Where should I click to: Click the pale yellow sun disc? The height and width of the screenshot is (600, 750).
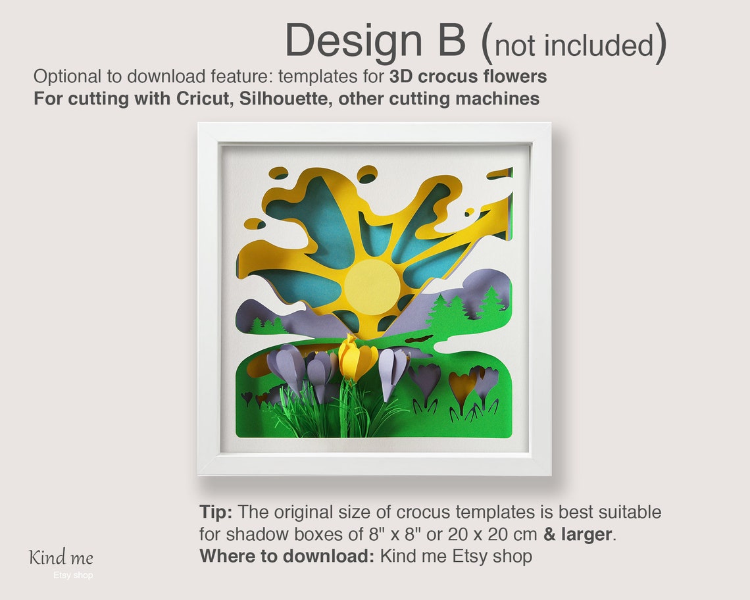click(372, 287)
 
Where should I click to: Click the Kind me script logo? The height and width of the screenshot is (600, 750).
click(61, 558)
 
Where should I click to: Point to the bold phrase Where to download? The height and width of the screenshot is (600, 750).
click(287, 556)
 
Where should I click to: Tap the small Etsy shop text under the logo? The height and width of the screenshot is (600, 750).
click(73, 576)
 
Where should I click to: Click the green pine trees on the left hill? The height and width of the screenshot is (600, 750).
click(267, 325)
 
